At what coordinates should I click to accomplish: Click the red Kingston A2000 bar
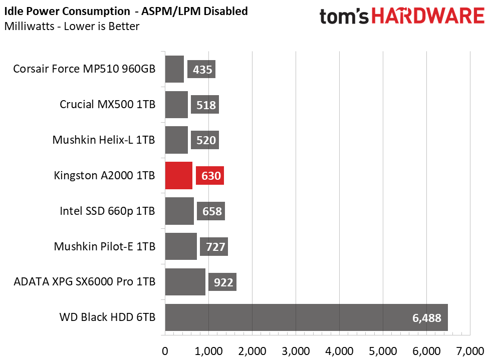(x=178, y=176)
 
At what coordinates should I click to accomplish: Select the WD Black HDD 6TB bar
(x=306, y=317)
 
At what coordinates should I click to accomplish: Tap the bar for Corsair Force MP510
(x=174, y=69)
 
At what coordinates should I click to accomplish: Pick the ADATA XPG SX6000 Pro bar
(x=185, y=282)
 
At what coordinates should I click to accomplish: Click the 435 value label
(x=201, y=70)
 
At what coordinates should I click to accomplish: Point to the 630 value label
(x=210, y=176)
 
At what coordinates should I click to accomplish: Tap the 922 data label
(x=222, y=282)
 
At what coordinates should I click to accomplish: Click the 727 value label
(x=214, y=247)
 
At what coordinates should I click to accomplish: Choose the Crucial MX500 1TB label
(x=107, y=105)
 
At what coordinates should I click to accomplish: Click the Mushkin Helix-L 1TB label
(x=104, y=140)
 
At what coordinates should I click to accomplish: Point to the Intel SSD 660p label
(x=107, y=211)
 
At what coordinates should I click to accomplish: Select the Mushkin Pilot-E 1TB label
(x=105, y=247)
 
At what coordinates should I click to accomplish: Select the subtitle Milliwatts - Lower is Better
(x=71, y=26)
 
